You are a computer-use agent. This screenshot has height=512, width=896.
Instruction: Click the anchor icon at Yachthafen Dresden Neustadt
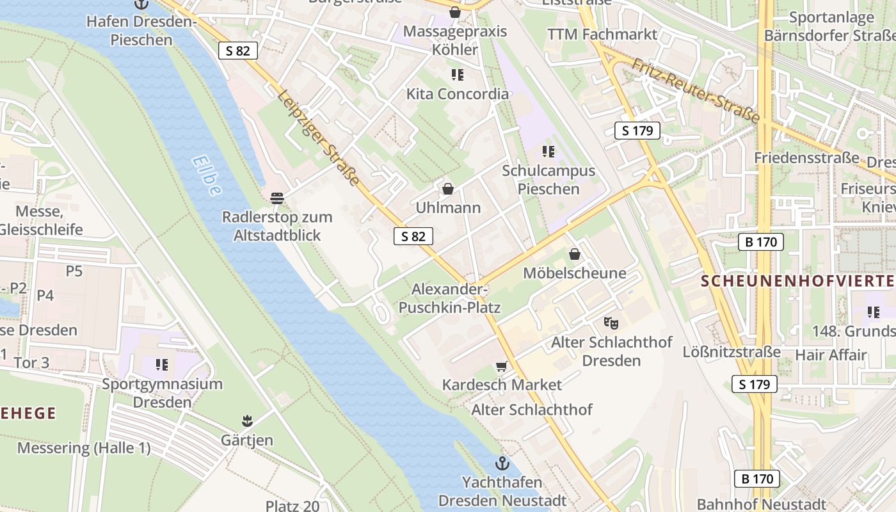pyautogui.click(x=502, y=463)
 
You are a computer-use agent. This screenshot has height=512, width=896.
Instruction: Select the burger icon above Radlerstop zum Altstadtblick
pyautogui.click(x=277, y=198)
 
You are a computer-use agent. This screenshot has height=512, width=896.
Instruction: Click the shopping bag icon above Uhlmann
pyautogui.click(x=448, y=189)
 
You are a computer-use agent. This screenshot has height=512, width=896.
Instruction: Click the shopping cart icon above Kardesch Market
pyautogui.click(x=501, y=367)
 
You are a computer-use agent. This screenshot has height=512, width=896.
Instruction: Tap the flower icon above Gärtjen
pyautogui.click(x=247, y=420)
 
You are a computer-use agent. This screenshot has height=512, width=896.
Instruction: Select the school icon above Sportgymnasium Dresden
pyautogui.click(x=162, y=365)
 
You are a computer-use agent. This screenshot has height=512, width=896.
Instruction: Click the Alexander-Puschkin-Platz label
pyautogui.click(x=449, y=298)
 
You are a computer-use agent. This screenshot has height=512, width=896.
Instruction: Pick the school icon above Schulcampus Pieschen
pyautogui.click(x=548, y=152)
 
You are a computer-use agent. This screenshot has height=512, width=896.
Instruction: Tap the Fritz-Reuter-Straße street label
pyautogui.click(x=696, y=90)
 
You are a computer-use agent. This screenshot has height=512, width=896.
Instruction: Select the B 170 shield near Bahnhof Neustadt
pyautogui.click(x=756, y=479)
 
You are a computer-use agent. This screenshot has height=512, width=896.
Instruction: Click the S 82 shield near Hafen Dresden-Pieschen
pyautogui.click(x=237, y=51)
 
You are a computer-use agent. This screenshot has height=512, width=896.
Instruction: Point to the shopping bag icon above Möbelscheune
pyautogui.click(x=575, y=254)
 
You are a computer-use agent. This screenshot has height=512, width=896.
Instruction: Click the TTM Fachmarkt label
pyautogui.click(x=602, y=35)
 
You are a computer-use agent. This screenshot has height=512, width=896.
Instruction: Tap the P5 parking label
pyautogui.click(x=74, y=271)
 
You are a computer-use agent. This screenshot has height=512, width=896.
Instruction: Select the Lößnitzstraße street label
pyautogui.click(x=732, y=351)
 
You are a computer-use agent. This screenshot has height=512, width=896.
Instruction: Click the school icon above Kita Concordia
pyautogui.click(x=458, y=75)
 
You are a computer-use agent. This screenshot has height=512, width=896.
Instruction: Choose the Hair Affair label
pyautogui.click(x=831, y=354)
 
